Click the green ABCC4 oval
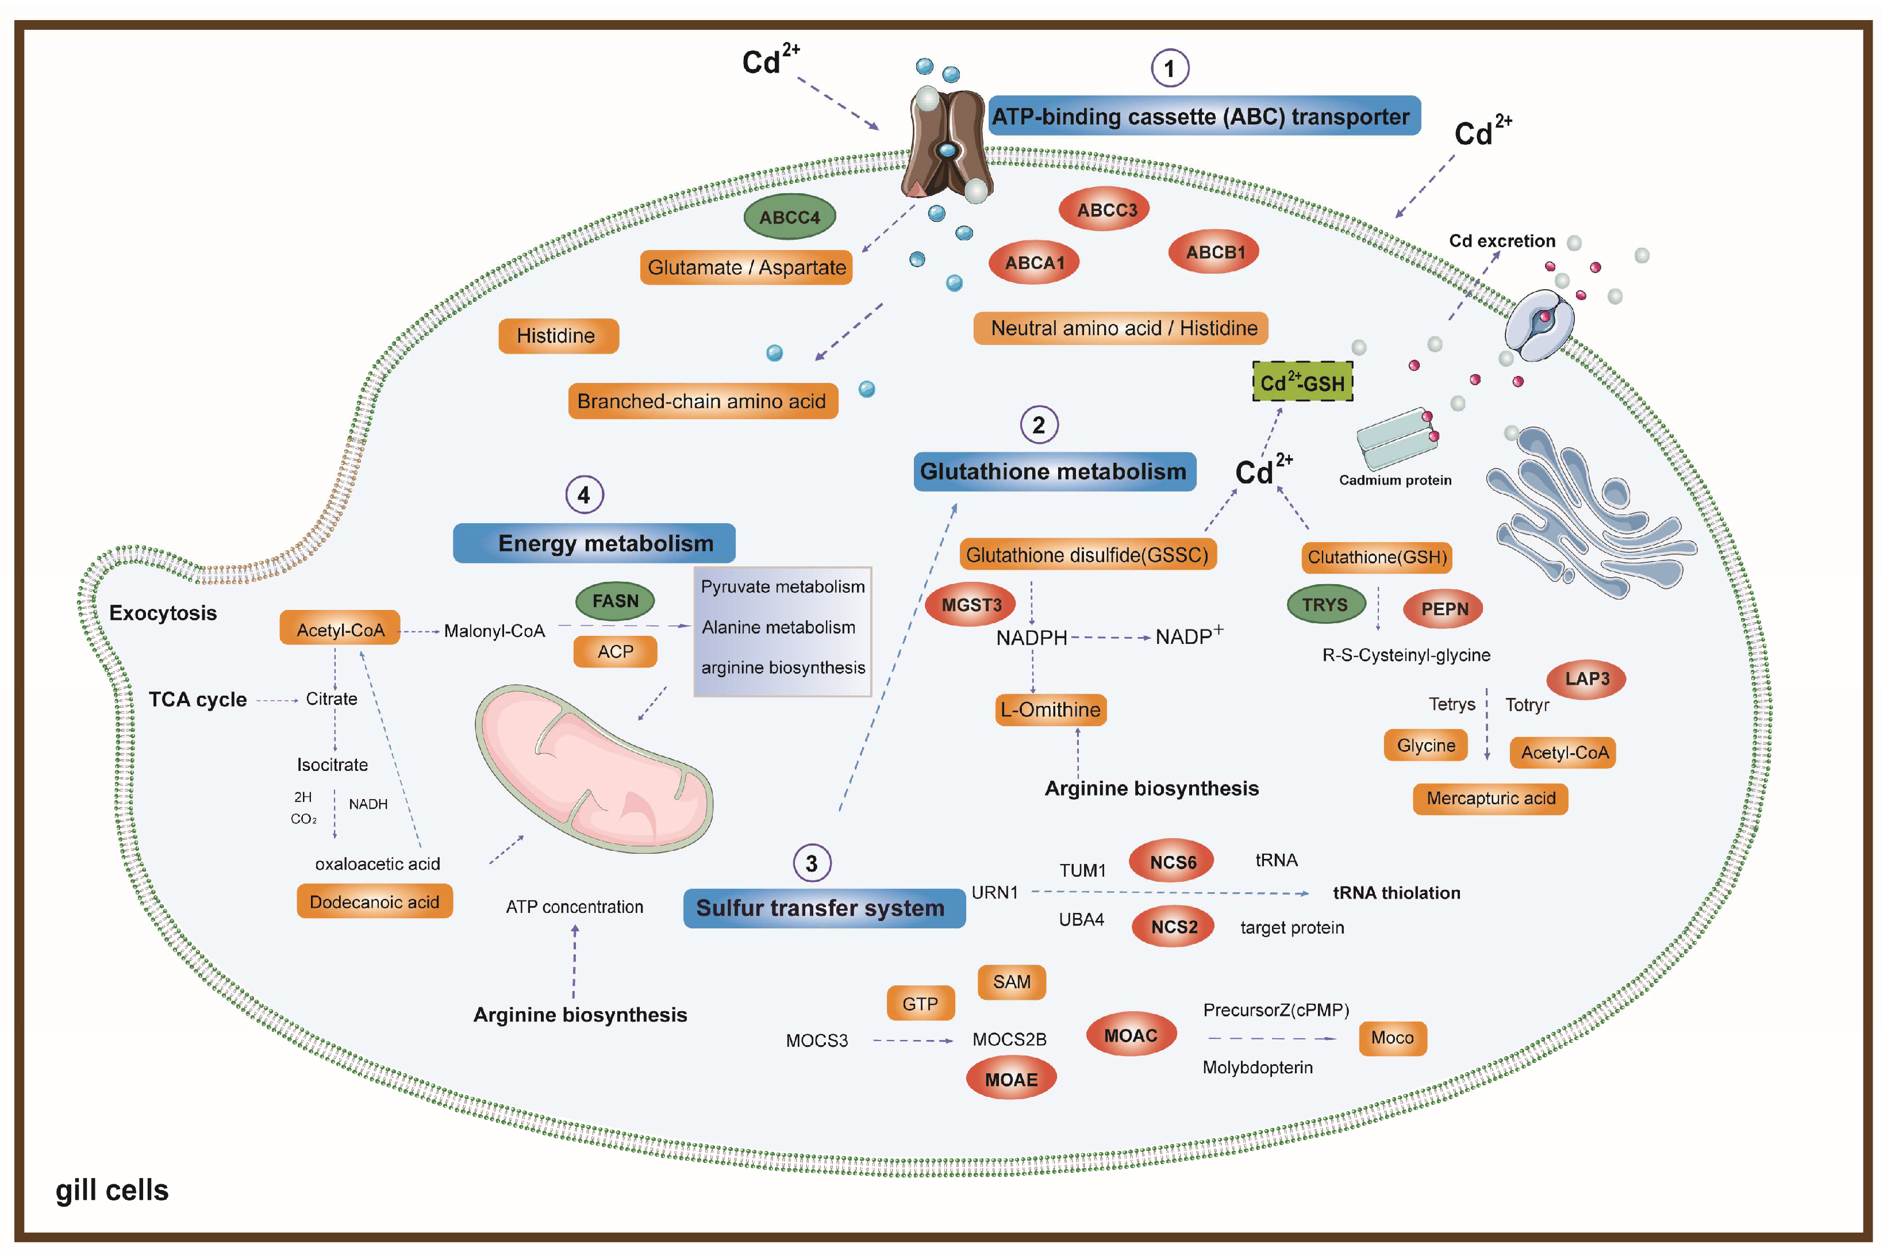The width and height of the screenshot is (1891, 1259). (x=789, y=217)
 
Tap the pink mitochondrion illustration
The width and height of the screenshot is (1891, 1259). (x=594, y=769)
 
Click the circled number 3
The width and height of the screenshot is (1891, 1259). (x=812, y=863)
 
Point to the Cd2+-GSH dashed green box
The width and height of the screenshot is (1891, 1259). (x=1302, y=382)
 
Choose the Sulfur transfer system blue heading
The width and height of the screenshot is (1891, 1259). (x=824, y=908)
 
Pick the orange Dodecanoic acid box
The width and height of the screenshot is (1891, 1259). (x=374, y=901)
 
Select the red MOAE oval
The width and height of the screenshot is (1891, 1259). (x=1010, y=1079)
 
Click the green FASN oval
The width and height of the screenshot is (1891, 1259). (x=615, y=601)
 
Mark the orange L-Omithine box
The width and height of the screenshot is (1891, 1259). (x=1051, y=710)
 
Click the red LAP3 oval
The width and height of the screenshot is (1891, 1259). (x=1587, y=678)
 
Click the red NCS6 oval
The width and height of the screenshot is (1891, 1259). (x=1172, y=862)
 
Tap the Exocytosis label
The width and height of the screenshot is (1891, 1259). (x=163, y=613)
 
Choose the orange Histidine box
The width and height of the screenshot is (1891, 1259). (x=559, y=336)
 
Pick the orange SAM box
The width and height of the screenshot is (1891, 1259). (x=1012, y=982)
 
